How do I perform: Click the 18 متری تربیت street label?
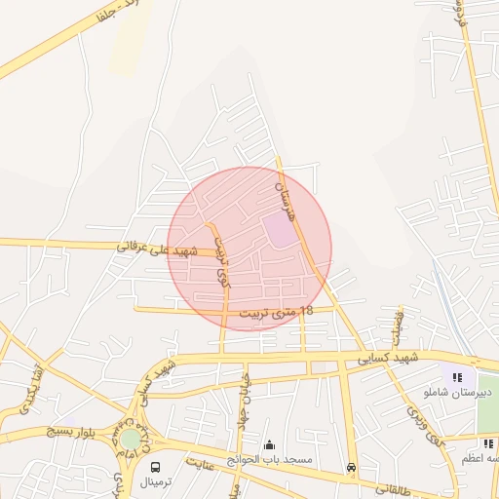[x=277, y=312]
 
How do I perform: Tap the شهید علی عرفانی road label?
[x=157, y=249]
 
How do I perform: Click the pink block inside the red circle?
[x=280, y=231]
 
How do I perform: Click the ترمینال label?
[x=155, y=482]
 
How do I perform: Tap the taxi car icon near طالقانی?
[x=351, y=468]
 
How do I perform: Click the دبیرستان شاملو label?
[x=459, y=392]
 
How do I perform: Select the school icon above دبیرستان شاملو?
[x=457, y=377]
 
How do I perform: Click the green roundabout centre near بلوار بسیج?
[x=130, y=439]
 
